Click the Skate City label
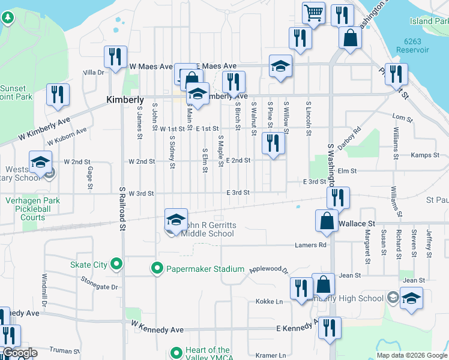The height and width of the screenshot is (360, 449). point(89,265)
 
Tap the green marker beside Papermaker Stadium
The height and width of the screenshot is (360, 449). point(157,268)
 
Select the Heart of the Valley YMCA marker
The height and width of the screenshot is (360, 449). point(176,353)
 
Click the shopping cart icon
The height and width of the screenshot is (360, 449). point(313,13)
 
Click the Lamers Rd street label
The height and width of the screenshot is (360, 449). point(310,245)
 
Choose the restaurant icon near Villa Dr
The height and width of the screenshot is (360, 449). point(114,56)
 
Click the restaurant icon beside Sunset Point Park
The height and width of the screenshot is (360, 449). point(58,94)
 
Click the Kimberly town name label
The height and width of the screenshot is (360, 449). point(125,100)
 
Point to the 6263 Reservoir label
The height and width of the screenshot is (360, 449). point(417,46)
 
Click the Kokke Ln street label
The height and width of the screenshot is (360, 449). point(269,301)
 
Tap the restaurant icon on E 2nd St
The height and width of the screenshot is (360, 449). point(273,143)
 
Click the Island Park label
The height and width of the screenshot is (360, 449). point(429,21)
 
